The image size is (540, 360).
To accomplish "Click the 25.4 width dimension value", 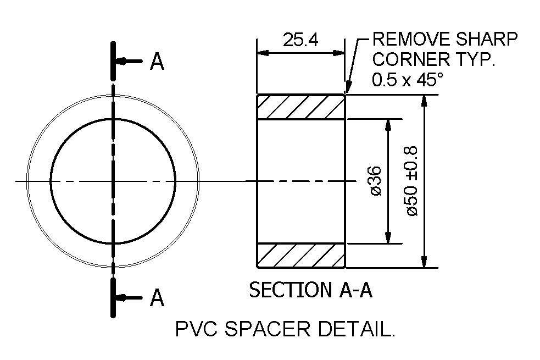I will [300, 41].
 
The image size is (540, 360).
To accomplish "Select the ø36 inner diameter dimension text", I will [376, 181].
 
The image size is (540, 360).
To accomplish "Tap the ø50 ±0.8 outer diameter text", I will [413, 181].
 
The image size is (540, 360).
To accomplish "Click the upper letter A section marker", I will [157, 63].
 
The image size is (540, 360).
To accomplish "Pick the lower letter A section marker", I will [157, 298].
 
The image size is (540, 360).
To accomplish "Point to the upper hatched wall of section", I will [301, 107].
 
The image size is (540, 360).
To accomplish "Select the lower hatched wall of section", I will [301, 256].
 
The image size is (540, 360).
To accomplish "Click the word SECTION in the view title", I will [283, 290].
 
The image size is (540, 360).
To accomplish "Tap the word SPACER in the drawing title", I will [268, 329].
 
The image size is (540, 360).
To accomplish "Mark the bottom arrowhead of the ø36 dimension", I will [388, 237].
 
